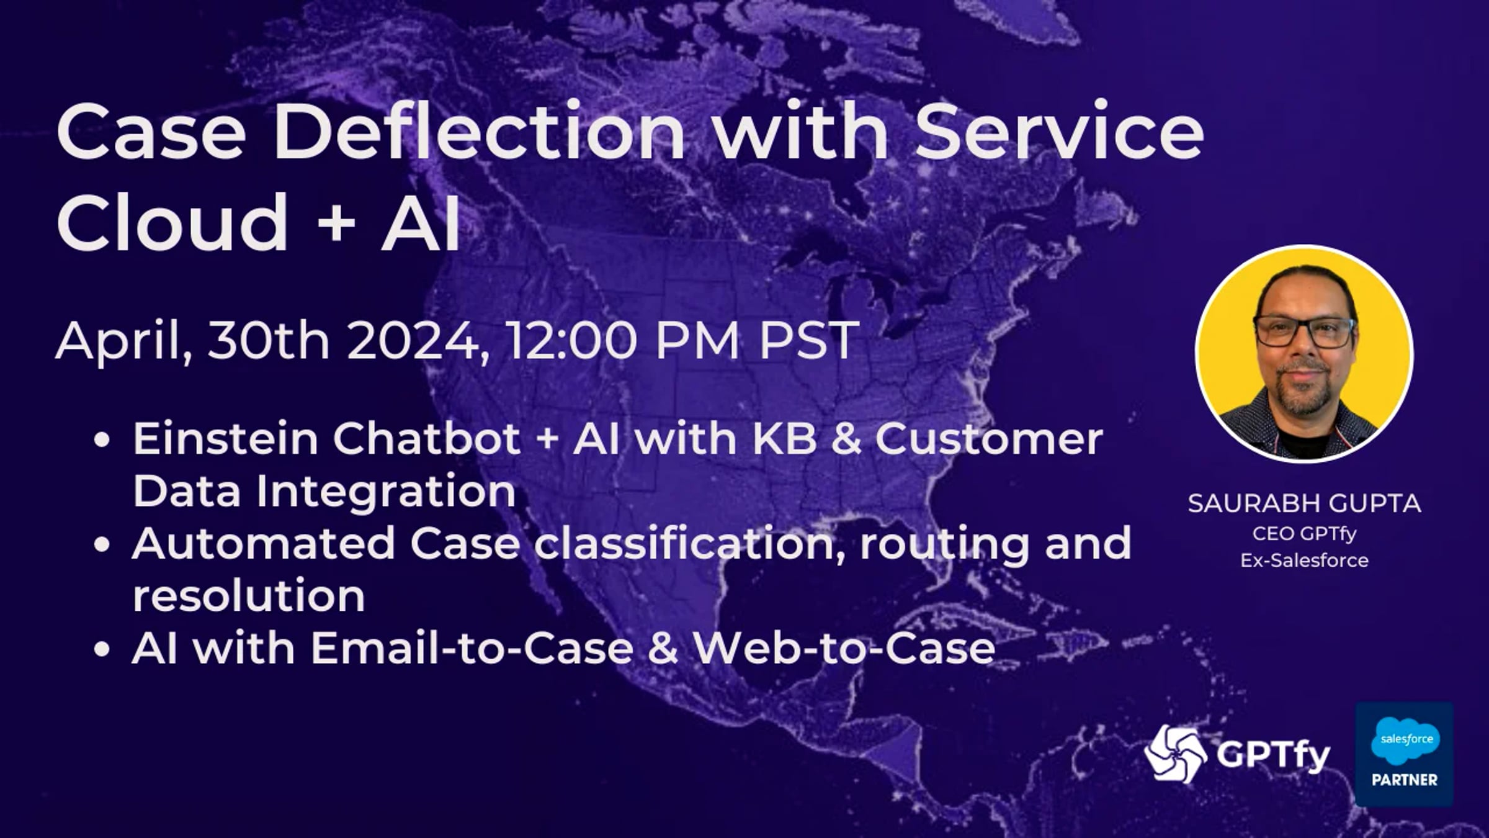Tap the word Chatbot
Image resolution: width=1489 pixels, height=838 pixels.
[427, 438]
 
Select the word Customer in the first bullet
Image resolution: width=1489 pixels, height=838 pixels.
[989, 438]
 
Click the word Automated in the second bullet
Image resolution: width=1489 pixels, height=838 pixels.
[263, 543]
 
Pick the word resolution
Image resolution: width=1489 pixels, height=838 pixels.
[249, 595]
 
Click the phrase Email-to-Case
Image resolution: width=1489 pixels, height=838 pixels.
[472, 648]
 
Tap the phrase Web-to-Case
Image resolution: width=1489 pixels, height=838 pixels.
[844, 648]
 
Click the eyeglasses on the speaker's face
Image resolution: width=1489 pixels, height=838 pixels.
[1303, 333]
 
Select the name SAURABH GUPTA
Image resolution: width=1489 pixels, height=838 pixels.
[1304, 503]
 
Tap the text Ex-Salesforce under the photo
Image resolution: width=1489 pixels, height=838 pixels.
[1304, 560]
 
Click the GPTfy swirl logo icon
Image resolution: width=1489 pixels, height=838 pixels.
[1175, 754]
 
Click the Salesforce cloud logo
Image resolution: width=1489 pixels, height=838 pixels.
[1405, 739]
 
